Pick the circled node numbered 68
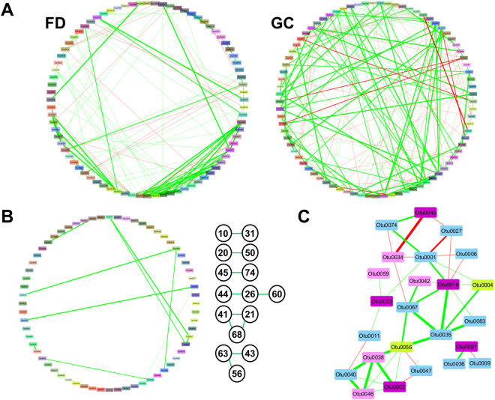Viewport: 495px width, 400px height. [x=236, y=332]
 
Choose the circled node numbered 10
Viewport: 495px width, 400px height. [x=223, y=234]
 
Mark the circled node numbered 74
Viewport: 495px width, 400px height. [x=250, y=273]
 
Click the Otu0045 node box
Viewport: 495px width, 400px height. [x=425, y=213]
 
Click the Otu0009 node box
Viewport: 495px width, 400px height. [x=481, y=363]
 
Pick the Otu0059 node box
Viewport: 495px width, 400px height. [x=379, y=274]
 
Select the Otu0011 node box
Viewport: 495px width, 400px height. [x=369, y=335]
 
